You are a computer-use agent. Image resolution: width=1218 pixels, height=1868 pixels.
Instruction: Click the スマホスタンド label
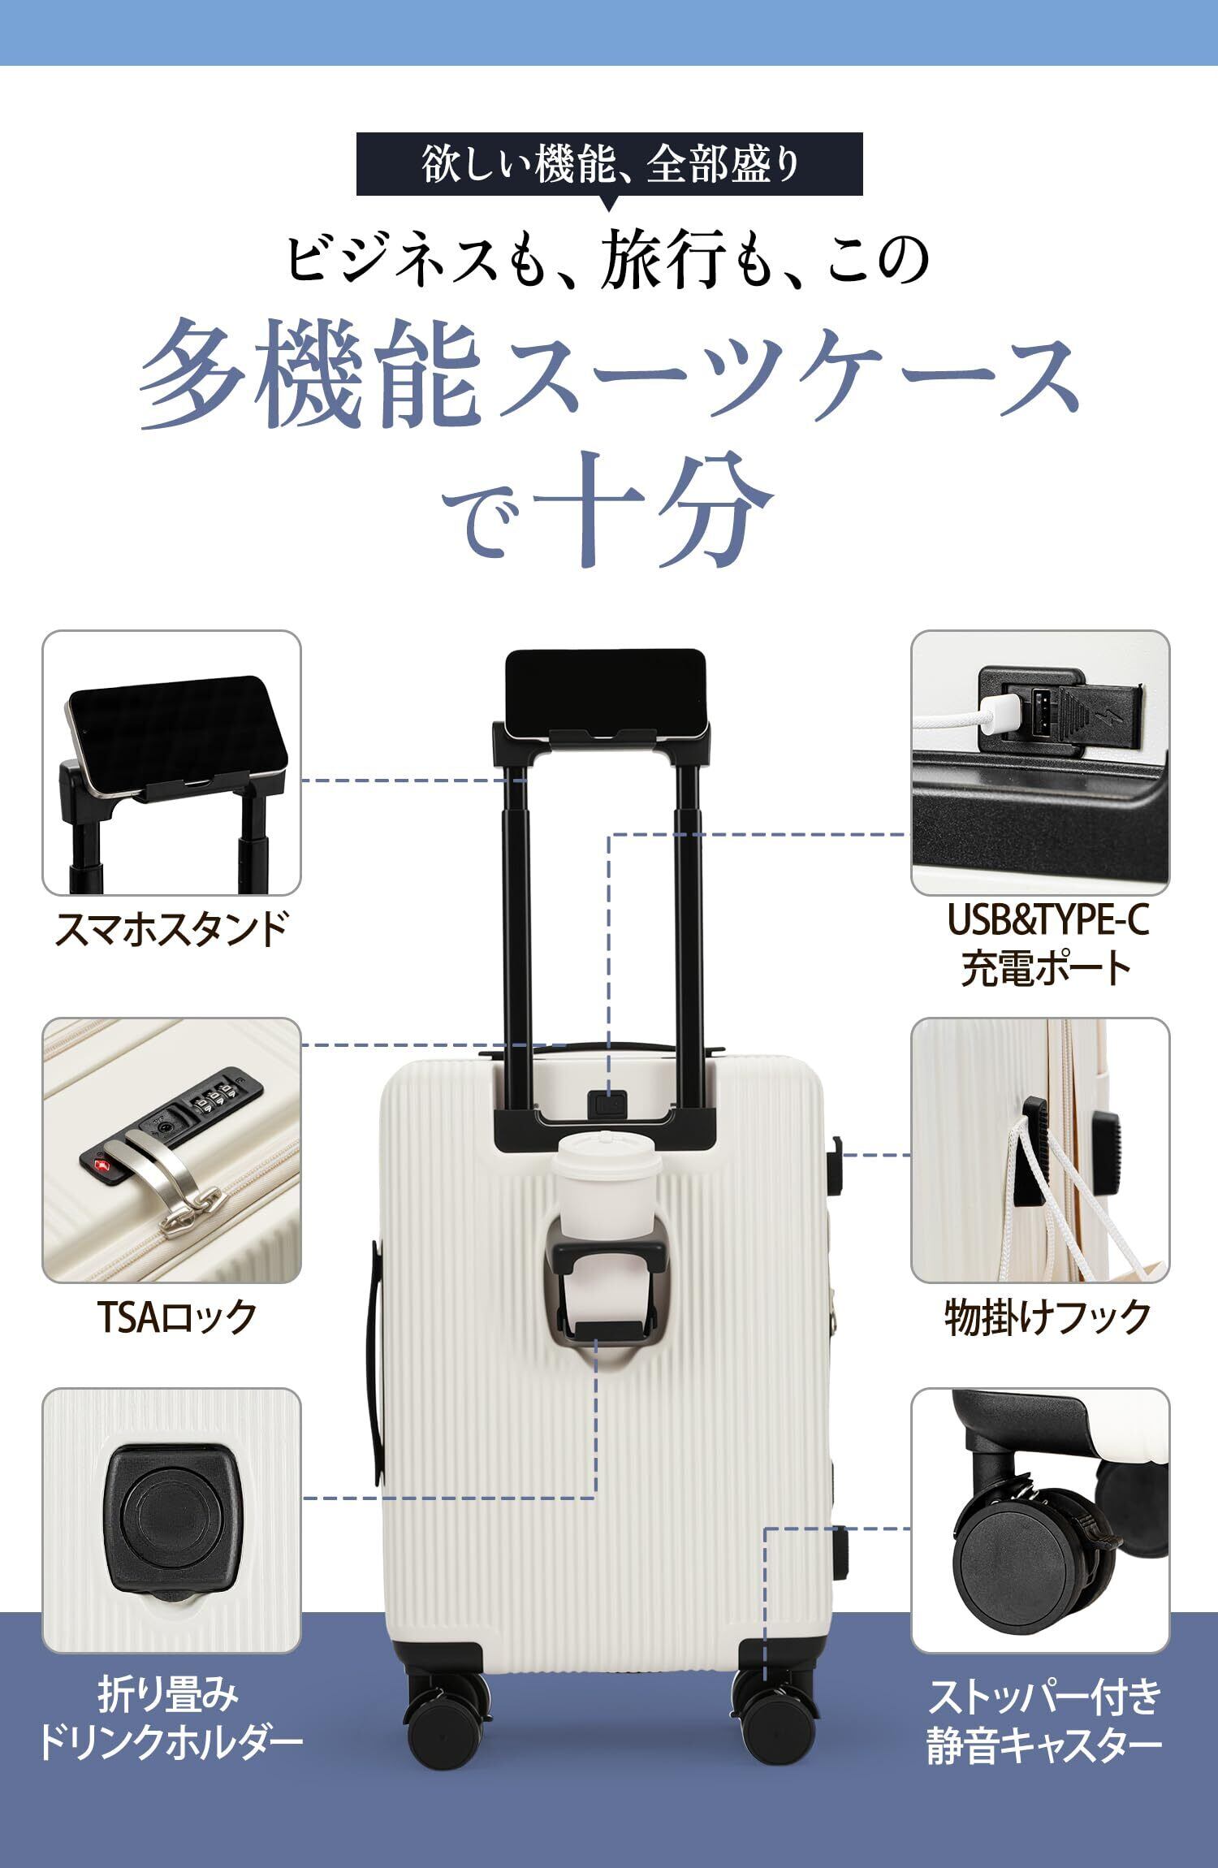pos(171,928)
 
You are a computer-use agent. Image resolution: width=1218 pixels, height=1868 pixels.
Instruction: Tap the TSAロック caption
pos(176,1316)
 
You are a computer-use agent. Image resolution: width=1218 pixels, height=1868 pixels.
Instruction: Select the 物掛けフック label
pos(1047,1316)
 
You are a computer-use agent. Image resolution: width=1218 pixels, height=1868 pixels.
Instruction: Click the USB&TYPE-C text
pos(1047,920)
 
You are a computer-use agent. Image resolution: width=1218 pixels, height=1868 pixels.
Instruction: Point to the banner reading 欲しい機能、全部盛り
pos(609,164)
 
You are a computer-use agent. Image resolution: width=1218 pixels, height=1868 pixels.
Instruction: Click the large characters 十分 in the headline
pos(658,510)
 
